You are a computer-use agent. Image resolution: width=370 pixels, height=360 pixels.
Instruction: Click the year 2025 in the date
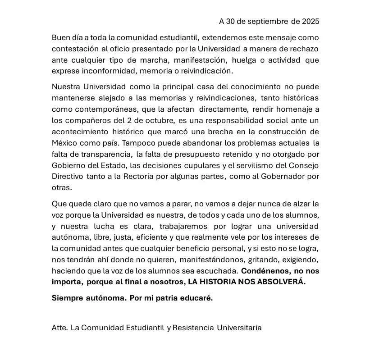click(311, 21)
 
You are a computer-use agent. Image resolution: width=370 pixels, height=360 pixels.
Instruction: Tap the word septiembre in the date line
click(266, 21)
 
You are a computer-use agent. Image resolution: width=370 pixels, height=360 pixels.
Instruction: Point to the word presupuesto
click(191, 154)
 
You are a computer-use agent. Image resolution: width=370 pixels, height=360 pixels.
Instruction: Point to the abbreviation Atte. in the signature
click(60, 328)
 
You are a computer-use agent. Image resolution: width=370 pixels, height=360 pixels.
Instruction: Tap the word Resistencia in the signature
click(193, 328)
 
